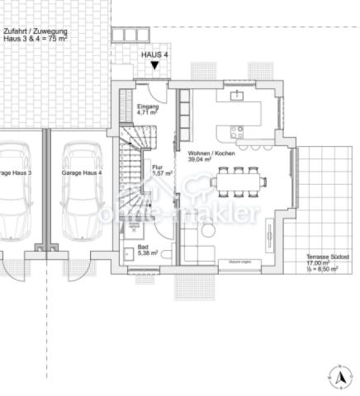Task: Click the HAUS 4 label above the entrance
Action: pyautogui.click(x=154, y=54)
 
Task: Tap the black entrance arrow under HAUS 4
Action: pyautogui.click(x=154, y=65)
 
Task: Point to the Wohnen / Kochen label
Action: pyautogui.click(x=211, y=154)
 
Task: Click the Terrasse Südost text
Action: pyautogui.click(x=327, y=257)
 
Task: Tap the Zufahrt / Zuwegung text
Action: pyautogui.click(x=35, y=31)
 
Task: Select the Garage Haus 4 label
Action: pyautogui.click(x=82, y=174)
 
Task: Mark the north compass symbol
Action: pyautogui.click(x=338, y=376)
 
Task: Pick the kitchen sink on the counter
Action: pyautogui.click(x=238, y=96)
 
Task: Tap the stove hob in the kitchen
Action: pyautogui.click(x=237, y=130)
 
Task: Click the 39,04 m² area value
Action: pyautogui.click(x=201, y=162)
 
